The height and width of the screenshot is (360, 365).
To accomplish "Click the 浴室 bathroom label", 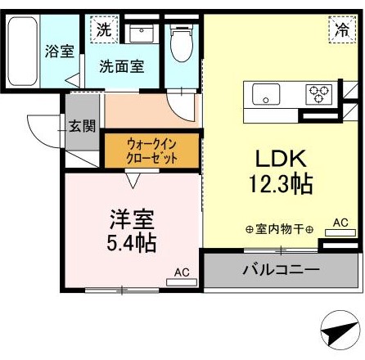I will coord(60,51).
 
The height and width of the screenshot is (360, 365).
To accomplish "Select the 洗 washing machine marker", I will coord(103,29).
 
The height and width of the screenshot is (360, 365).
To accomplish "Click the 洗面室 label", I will coord(122,66).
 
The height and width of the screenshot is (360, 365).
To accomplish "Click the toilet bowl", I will coord(181,43).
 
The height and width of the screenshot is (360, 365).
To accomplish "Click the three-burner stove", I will coord(318,94).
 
